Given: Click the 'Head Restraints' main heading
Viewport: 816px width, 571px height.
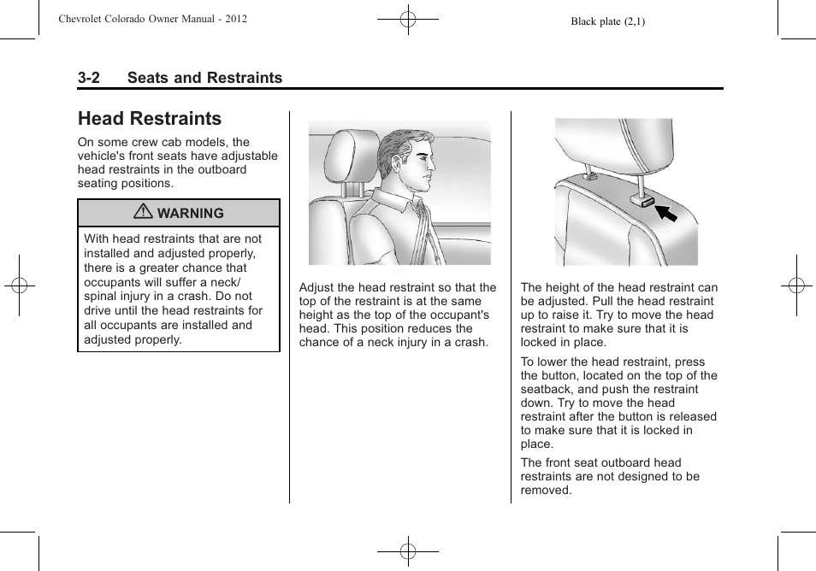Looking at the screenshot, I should tap(149, 119).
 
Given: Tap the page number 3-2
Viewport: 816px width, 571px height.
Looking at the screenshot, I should tap(88, 78).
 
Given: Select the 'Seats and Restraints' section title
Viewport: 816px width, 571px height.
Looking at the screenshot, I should tap(204, 78).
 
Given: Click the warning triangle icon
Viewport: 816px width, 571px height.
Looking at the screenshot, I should tap(148, 212).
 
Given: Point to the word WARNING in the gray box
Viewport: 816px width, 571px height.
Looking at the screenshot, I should tap(191, 213).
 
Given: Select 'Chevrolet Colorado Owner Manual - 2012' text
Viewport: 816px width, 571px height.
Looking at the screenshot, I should tap(152, 19).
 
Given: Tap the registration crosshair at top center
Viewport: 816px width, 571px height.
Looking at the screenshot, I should tap(408, 19).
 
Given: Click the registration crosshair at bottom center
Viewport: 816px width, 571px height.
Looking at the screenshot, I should tap(408, 551).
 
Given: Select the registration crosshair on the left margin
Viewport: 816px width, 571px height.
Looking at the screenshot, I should tap(19, 285).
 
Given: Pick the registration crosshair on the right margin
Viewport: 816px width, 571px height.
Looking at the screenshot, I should tap(796, 285).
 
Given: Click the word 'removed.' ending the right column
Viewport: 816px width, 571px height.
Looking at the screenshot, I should tap(546, 490).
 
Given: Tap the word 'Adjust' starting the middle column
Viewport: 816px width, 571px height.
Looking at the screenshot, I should tap(317, 288).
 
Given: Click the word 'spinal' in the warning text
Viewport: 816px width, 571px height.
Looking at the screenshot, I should tap(102, 297).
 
